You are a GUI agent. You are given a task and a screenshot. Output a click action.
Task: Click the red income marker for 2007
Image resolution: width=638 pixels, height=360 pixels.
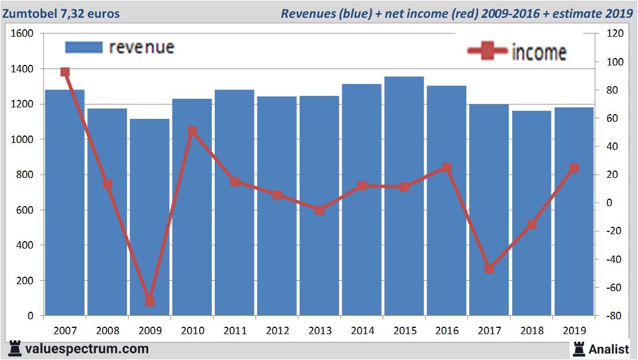[65, 72]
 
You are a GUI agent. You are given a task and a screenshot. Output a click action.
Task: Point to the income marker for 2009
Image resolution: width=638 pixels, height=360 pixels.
[150, 301]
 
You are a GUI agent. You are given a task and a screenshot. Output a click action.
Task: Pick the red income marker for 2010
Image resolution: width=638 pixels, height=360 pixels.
[192, 131]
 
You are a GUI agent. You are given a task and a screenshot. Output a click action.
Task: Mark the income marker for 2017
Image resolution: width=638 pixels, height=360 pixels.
[489, 269]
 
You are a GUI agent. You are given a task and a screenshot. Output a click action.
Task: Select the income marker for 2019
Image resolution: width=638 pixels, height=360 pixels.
[574, 168]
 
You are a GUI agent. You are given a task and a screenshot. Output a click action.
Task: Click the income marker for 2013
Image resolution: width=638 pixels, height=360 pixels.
[319, 210]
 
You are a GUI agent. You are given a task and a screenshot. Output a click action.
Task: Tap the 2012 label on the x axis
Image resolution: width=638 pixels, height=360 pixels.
[277, 331]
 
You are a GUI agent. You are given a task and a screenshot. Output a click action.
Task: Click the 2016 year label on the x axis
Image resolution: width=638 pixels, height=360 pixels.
[446, 331]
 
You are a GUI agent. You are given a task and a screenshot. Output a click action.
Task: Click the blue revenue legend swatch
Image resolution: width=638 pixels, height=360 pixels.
[84, 47]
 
